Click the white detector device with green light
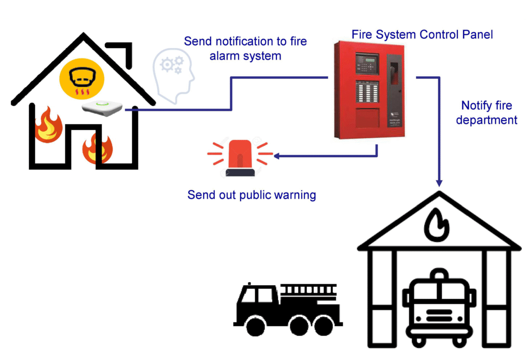[x=102, y=107]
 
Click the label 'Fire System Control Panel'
[x=422, y=35]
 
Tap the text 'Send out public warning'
[x=251, y=195]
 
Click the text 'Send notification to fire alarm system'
[x=245, y=48]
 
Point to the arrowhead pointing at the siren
[x=277, y=155]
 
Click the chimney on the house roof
[x=127, y=56]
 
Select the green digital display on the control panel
[x=369, y=60]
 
